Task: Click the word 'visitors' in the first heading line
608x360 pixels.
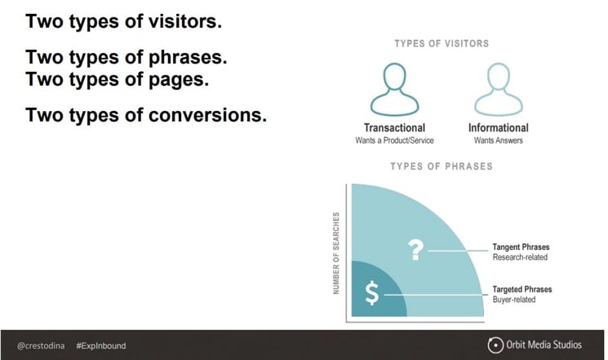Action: pyautogui.click(x=181, y=21)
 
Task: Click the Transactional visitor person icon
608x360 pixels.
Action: pyautogui.click(x=393, y=88)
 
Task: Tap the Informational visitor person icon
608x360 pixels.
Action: pyautogui.click(x=498, y=88)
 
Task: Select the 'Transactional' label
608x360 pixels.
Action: pyautogui.click(x=394, y=127)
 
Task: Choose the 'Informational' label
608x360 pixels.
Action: pyautogui.click(x=498, y=127)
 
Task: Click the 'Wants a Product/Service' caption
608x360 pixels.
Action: pyautogui.click(x=394, y=140)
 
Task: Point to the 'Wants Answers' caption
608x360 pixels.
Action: pyautogui.click(x=498, y=140)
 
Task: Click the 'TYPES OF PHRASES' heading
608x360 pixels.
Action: pyautogui.click(x=442, y=167)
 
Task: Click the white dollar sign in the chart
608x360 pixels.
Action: pyautogui.click(x=371, y=293)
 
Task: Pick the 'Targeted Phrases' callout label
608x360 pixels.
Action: pyautogui.click(x=522, y=289)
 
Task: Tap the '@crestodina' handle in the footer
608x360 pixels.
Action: pyautogui.click(x=41, y=345)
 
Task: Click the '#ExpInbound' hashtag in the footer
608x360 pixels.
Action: pyautogui.click(x=101, y=345)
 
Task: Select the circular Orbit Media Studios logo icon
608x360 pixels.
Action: pyautogui.click(x=495, y=344)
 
